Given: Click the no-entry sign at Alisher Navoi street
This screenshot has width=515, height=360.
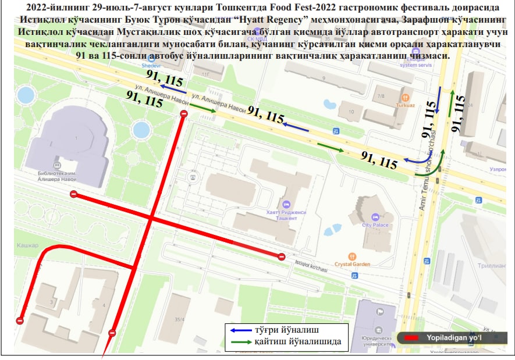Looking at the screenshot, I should pyautogui.click(x=184, y=115).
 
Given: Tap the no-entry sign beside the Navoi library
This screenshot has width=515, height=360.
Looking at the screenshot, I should pyautogui.click(x=73, y=195).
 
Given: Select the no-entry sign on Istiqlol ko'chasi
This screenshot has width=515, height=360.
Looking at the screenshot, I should pyautogui.click(x=282, y=257).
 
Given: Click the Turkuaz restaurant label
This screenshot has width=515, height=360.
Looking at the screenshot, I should pyautogui.click(x=405, y=106).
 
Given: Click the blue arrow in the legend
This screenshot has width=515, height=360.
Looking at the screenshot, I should pyautogui.click(x=240, y=330).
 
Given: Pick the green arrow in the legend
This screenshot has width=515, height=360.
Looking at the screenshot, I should pyautogui.click(x=240, y=341).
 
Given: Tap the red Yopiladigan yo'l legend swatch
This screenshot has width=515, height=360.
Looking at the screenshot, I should pyautogui.click(x=414, y=337).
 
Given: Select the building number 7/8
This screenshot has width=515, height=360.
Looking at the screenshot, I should pyautogui.click(x=381, y=96).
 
